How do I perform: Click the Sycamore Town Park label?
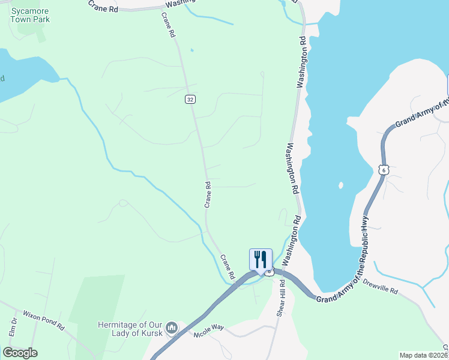[30, 15]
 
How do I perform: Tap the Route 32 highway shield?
[190, 99]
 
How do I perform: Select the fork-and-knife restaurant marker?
[261, 260]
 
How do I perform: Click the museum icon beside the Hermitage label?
[172, 328]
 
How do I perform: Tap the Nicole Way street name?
[208, 329]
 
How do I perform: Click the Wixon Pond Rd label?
[43, 320]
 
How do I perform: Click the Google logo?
[20, 352]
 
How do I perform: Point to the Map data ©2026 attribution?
[424, 355]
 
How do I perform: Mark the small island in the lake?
[341, 185]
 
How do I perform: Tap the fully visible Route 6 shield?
[385, 170]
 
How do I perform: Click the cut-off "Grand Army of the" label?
[421, 114]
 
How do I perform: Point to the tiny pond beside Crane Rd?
[191, 49]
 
